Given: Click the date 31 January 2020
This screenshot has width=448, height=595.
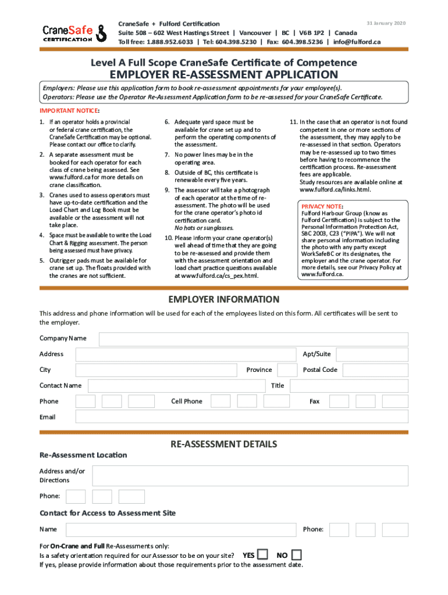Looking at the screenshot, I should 386,23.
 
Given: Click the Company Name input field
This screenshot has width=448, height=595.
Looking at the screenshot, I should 253,339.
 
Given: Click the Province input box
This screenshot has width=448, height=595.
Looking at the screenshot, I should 287,370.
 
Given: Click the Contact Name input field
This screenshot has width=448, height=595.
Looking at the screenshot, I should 176,386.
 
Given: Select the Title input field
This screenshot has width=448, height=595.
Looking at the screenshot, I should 349,386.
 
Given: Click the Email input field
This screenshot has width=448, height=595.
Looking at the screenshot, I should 241,417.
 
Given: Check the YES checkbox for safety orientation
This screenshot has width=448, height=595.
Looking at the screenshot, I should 263,555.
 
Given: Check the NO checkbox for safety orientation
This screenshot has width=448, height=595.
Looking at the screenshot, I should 297,555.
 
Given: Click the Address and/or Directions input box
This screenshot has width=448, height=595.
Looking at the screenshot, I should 250,476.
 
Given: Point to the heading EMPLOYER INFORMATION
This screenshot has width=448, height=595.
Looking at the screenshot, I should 224,300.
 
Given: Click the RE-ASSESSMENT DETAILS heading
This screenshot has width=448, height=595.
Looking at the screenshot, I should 223,445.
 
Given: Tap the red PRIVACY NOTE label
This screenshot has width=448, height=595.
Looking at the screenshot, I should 322,206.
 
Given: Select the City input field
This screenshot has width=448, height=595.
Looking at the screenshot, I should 157,370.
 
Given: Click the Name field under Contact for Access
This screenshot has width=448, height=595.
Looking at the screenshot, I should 180,529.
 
